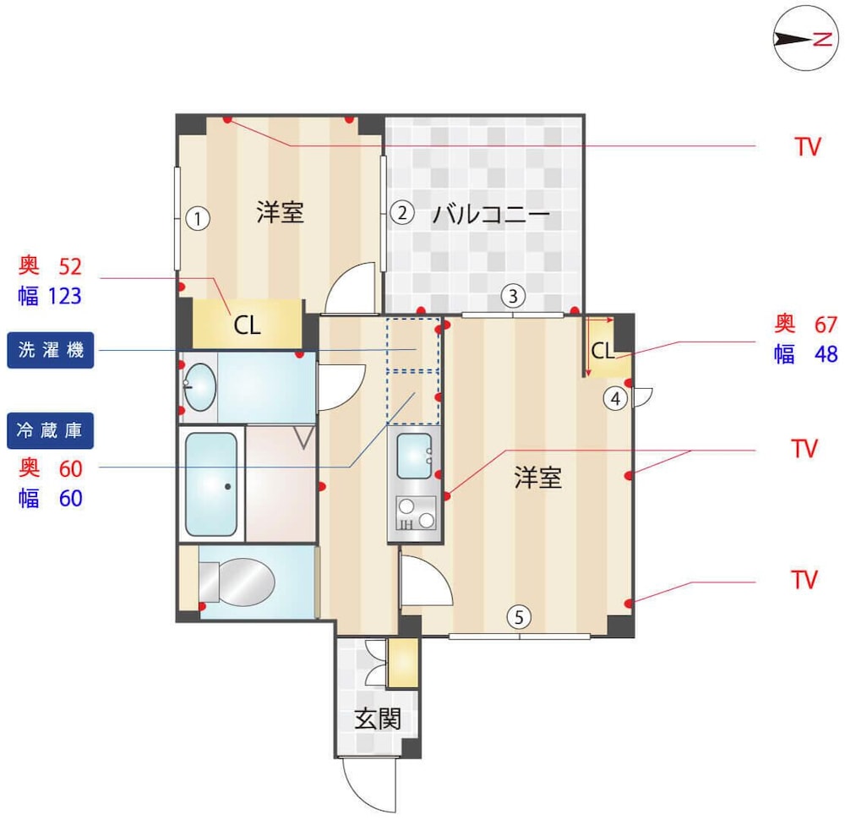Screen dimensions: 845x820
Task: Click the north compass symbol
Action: point(805,38)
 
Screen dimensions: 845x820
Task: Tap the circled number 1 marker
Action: point(198,219)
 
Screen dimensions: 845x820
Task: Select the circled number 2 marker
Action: point(402,213)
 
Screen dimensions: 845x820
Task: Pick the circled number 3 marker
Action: point(513,295)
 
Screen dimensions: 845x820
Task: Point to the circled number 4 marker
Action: point(615,399)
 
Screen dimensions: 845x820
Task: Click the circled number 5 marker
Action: point(519,617)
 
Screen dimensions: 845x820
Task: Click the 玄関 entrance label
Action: point(377,719)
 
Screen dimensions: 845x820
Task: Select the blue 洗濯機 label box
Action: point(50,351)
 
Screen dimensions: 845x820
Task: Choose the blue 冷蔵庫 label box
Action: point(50,431)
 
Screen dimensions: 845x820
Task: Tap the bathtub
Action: point(211,484)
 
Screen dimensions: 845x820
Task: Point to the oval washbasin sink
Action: point(200,387)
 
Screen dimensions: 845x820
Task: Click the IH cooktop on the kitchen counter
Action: point(416,513)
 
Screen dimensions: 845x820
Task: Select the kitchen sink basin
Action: point(414,456)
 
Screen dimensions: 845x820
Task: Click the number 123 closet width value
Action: point(65,296)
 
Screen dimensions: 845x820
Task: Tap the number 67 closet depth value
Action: point(826,325)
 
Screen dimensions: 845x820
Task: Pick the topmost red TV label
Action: point(807,146)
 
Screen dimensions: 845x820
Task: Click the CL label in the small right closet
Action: point(602,351)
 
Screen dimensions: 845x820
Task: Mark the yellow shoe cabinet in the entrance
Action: point(403,663)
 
